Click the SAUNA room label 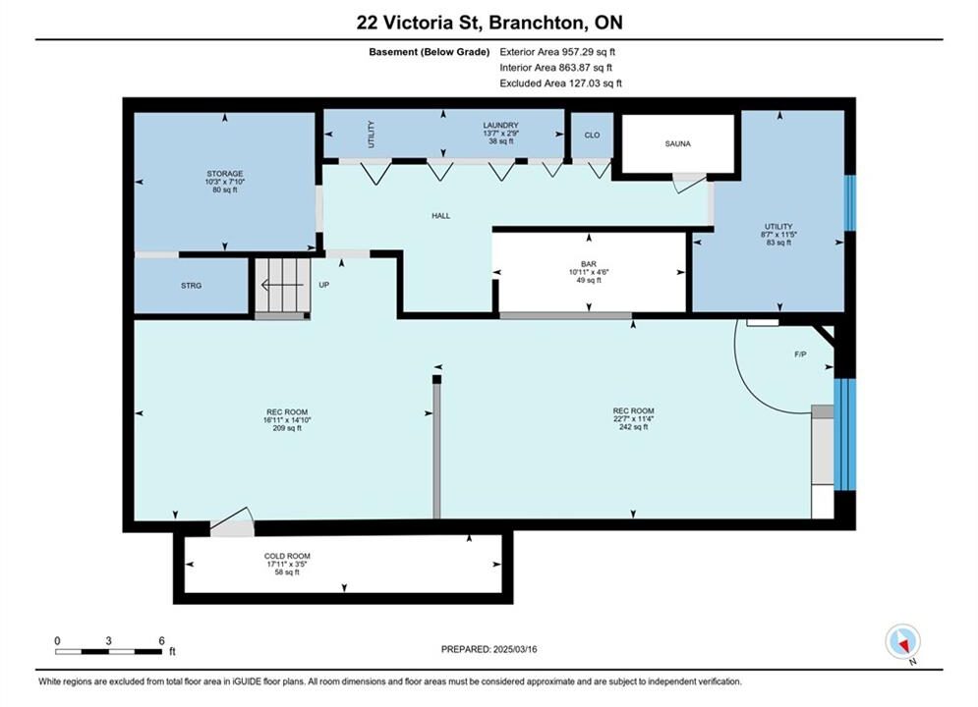677,144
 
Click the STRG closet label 191,286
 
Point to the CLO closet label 592,136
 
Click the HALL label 441,216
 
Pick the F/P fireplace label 800,354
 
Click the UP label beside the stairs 323,286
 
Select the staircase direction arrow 281,286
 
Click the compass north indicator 902,641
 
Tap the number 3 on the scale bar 108,640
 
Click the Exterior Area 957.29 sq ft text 557,52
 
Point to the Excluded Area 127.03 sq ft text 560,83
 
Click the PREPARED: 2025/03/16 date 489,649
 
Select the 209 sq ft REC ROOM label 287,420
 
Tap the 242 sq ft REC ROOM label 633,419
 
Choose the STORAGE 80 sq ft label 224,182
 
